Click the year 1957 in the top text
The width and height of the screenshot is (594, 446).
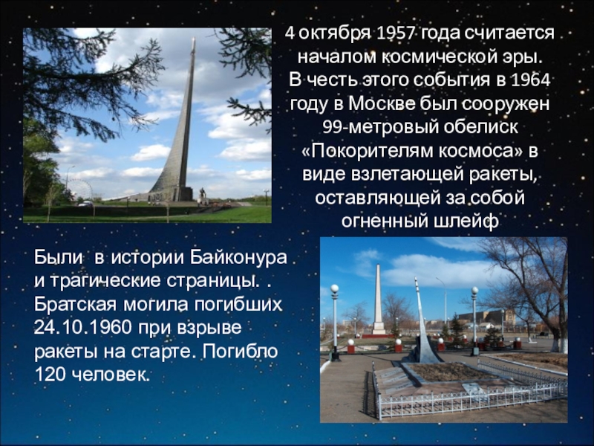coord(397,34)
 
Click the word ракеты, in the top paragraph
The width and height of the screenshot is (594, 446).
coord(504,175)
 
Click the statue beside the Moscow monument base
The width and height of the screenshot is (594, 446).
coord(202,195)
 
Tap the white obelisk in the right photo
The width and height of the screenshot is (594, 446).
coord(379,297)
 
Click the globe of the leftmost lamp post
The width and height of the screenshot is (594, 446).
coord(334,288)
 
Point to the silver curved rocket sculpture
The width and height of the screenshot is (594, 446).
coord(423,327)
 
